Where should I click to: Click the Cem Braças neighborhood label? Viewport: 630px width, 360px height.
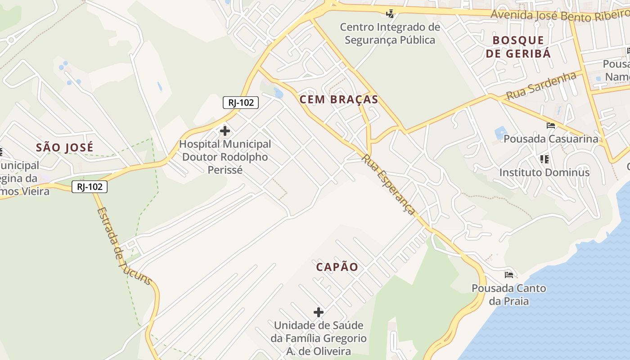point(339,99)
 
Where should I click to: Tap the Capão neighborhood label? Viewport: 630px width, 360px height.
point(337,267)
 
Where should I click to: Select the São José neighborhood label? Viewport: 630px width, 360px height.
point(65,147)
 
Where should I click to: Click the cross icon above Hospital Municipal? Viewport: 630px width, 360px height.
point(225,131)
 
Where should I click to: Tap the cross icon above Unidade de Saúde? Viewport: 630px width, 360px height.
point(319,312)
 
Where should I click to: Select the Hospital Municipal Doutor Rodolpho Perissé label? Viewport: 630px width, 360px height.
point(225,157)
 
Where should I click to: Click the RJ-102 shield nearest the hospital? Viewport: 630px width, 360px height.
point(241,103)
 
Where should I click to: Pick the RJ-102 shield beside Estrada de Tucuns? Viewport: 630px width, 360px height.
point(90,186)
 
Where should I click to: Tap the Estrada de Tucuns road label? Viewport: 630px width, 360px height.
point(124,245)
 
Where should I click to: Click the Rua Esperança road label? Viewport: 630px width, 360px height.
point(388,184)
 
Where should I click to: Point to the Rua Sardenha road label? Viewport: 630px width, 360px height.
point(541,85)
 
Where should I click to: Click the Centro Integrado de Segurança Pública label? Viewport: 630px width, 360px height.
point(390,33)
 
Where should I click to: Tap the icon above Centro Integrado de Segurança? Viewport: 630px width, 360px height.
point(390,13)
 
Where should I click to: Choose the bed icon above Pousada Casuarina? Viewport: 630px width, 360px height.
point(550,125)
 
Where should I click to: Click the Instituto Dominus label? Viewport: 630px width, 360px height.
point(544,172)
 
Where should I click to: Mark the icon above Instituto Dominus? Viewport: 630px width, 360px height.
point(544,159)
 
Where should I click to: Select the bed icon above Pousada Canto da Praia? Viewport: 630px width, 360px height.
point(509,274)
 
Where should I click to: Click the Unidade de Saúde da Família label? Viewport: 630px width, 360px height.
point(319,337)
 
